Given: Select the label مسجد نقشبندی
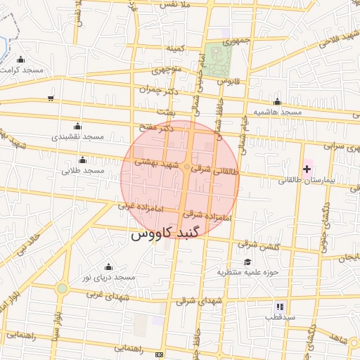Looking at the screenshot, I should click(77, 135).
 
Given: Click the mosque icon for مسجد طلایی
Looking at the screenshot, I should click(83, 160).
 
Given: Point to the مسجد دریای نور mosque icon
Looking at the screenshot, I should click(108, 267).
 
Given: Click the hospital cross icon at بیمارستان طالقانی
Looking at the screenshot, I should click(307, 169).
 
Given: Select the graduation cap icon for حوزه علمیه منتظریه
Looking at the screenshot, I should click(247, 262).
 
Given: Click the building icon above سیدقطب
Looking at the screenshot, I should click(280, 307).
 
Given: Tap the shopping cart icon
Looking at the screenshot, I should click(51, 98).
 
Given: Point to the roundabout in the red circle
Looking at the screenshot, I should click(187, 167).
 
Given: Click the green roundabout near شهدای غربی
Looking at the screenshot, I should click(63, 288).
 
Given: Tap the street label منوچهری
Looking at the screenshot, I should click(167, 70).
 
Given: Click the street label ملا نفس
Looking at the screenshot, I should click(176, 5).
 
